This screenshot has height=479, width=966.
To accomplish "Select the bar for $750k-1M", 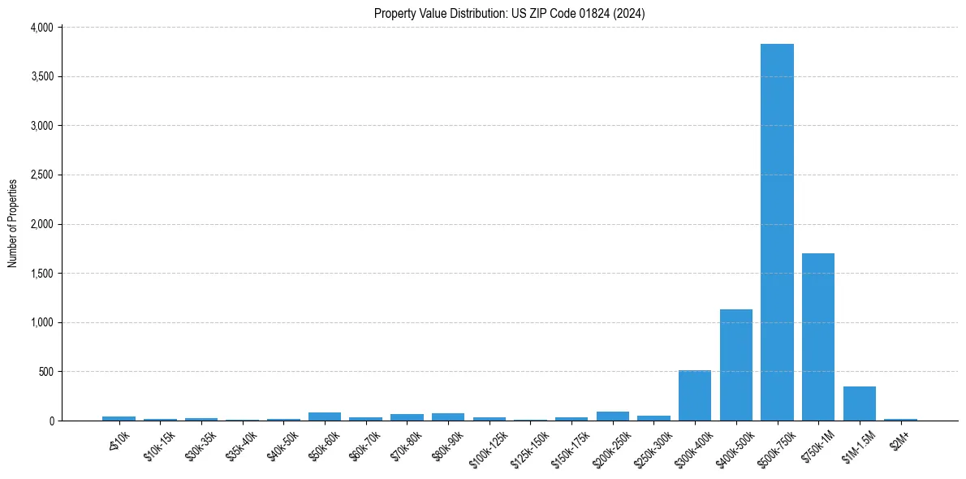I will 818,337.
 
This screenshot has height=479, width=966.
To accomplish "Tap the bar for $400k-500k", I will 736,365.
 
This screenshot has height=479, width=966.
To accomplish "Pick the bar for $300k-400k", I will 695,396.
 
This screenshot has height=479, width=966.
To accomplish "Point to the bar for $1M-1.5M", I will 860,404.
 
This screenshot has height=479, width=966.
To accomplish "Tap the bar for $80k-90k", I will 448,417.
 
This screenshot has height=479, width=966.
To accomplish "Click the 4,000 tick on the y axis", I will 41,28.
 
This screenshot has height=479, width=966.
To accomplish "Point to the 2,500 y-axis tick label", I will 41,175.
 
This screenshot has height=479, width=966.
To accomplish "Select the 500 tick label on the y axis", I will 45,372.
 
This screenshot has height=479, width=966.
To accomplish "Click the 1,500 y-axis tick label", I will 41,274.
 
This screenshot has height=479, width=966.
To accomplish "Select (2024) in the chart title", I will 627,14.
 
